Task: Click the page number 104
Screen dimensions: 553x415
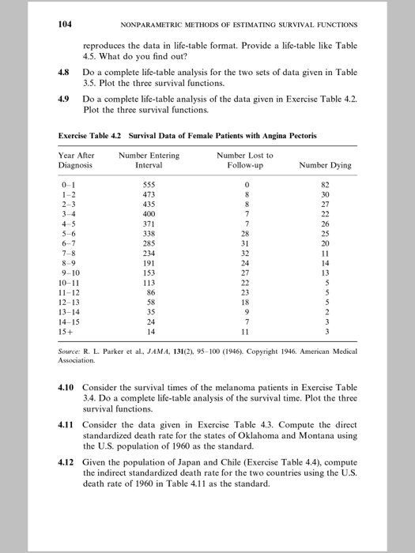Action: pyautogui.click(x=66, y=24)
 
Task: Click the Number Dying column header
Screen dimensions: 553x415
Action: pyautogui.click(x=325, y=166)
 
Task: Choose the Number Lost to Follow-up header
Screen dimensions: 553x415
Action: pyautogui.click(x=246, y=160)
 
